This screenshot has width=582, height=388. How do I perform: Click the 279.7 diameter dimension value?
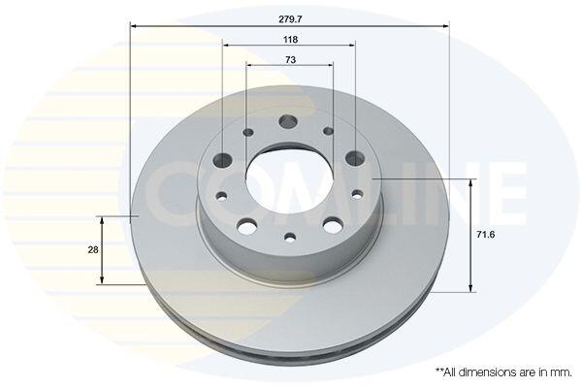[x=291, y=19]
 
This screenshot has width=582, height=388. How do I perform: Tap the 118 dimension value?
[x=291, y=40]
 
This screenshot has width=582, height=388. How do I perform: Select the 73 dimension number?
[x=291, y=59]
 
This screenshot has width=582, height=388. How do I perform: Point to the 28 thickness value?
[x=93, y=250]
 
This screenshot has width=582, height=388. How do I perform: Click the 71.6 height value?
[x=486, y=235]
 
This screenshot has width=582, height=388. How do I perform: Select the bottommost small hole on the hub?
[x=290, y=237]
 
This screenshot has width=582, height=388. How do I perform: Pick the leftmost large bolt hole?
[x=223, y=160]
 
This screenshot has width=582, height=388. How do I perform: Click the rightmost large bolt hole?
[x=355, y=158]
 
